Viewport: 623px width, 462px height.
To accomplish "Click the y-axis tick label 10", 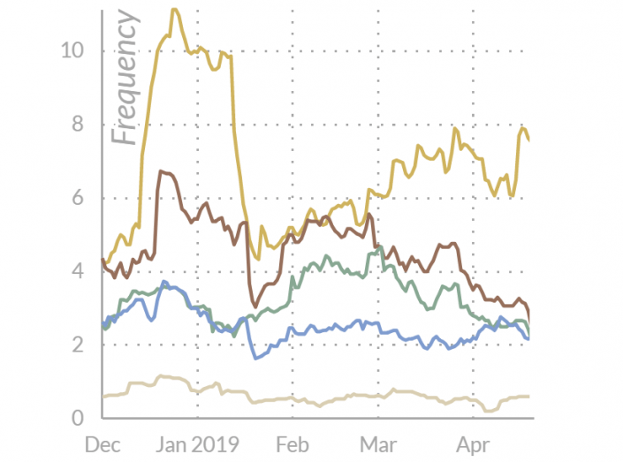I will pos(72,50).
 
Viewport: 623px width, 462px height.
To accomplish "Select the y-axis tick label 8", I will pos(79,124).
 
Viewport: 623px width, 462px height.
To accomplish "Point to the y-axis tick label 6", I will pos(79,198).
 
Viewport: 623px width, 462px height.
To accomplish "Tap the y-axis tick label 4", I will pos(79,271).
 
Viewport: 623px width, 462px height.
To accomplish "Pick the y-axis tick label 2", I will pos(79,345).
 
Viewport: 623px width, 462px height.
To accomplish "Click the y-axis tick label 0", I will pos(79,418).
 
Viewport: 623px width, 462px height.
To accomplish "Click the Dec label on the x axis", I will pos(103,443).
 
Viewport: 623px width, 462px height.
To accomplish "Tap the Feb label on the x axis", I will pos(292,443).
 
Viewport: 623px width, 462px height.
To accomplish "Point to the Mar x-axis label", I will pos(378,443).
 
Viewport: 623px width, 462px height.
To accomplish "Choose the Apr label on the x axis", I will pos(471,443).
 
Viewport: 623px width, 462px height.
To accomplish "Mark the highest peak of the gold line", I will pos(174,9).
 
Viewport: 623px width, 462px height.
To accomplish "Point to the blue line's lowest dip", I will pos(256,358).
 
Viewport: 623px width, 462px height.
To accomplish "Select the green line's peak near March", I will pos(379,247).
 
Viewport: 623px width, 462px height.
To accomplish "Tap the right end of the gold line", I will pos(528,140).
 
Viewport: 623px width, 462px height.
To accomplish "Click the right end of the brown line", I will pos(528,320).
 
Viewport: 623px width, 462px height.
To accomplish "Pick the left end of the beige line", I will pos(103,397).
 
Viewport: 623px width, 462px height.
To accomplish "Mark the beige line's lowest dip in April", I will pos(490,411).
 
